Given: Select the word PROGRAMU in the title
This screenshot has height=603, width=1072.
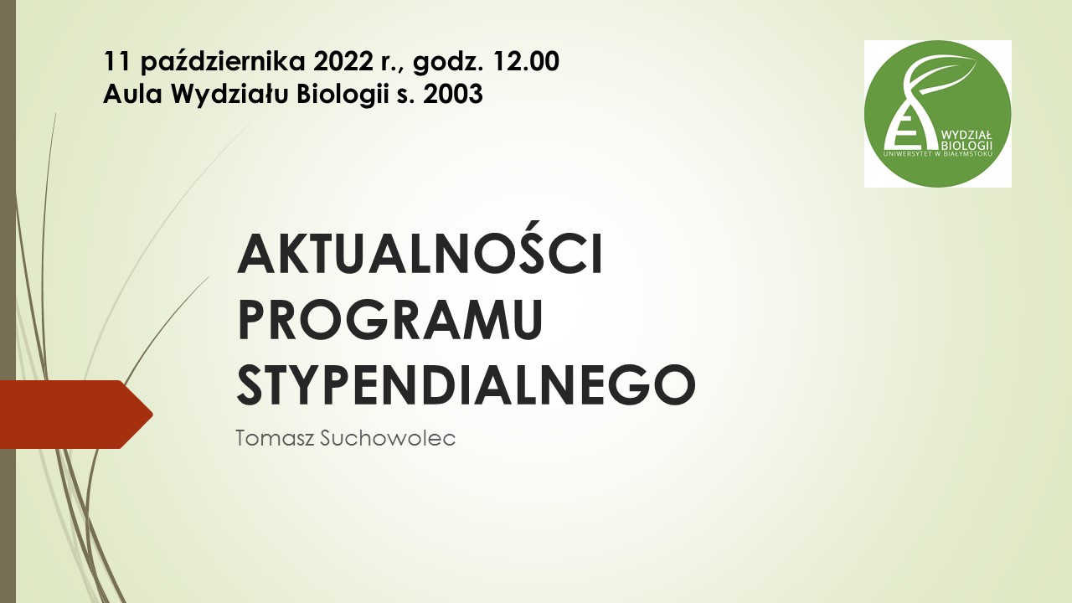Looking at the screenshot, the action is coord(390,319).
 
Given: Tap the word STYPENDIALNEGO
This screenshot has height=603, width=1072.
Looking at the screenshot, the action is coord(466,385).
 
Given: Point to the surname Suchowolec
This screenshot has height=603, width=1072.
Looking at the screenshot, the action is coord(387,438).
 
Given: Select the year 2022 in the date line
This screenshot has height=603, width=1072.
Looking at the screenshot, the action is coord(343,62).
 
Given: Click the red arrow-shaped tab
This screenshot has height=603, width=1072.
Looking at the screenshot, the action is coord(76,415).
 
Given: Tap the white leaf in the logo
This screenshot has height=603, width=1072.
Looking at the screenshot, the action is coord(941,75).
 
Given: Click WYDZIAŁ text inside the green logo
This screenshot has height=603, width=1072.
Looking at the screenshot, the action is coord(966,135).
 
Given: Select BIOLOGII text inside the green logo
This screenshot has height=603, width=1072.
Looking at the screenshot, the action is coord(966,145).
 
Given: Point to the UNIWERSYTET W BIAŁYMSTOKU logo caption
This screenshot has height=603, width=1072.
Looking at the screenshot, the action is coord(938,153).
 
